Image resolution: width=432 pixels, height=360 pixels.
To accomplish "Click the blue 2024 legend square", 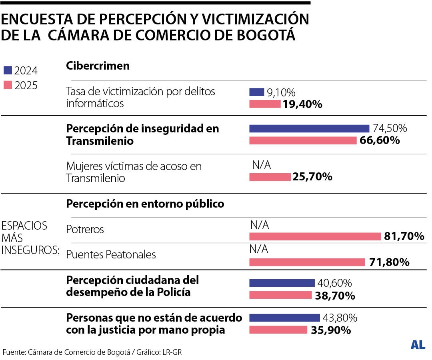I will [8, 71].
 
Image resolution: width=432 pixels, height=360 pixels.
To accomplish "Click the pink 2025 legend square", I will [8, 85].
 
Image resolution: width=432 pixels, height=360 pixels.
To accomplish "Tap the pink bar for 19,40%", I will [265, 104].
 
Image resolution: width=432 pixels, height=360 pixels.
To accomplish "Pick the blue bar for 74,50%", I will [309, 128].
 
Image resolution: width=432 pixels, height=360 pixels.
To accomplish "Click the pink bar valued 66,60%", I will [302, 140].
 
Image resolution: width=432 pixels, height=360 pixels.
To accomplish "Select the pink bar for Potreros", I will [315, 236].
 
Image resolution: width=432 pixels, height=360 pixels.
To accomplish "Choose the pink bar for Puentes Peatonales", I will [307, 262].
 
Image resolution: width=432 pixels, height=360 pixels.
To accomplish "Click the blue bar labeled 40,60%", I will [282, 283].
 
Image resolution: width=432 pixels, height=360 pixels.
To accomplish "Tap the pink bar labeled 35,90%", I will [278, 330].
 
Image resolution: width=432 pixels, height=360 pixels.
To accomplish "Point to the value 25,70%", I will [312, 177].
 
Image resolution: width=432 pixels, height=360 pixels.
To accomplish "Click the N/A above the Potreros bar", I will [260, 225].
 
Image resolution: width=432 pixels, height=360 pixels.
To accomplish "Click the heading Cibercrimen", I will [98, 66].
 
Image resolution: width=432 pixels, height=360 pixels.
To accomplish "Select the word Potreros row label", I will [85, 229].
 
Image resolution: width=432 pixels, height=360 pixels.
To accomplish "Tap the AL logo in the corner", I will [418, 345].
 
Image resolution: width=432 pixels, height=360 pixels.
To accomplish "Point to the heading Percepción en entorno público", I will [145, 204].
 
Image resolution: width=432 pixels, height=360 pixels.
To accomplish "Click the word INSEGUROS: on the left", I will [30, 250].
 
